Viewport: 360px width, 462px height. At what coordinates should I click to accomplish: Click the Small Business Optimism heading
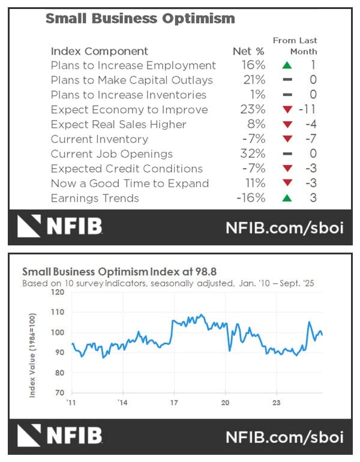pyautogui.click(x=140, y=19)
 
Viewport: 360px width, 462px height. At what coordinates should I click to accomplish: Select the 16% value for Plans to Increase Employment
pyautogui.click(x=253, y=65)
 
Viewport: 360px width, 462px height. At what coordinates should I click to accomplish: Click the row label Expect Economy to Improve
pyautogui.click(x=129, y=110)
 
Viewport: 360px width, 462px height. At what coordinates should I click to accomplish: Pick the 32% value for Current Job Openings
pyautogui.click(x=253, y=154)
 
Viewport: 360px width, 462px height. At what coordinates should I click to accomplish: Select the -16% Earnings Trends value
pyautogui.click(x=250, y=199)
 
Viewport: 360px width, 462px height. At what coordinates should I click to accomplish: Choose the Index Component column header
pyautogui.click(x=99, y=51)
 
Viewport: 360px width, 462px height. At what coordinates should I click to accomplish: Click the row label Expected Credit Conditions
pyautogui.click(x=127, y=169)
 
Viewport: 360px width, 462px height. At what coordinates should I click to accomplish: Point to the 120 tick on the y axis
pyautogui.click(x=58, y=292)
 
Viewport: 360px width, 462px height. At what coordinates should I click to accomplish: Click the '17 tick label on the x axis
pyautogui.click(x=173, y=402)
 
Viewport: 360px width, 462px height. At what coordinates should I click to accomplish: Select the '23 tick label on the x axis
pyautogui.click(x=277, y=402)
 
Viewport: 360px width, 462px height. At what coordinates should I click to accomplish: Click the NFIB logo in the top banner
pyautogui.click(x=60, y=226)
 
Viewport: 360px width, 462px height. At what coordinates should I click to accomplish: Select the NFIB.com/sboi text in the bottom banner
pyautogui.click(x=284, y=435)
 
